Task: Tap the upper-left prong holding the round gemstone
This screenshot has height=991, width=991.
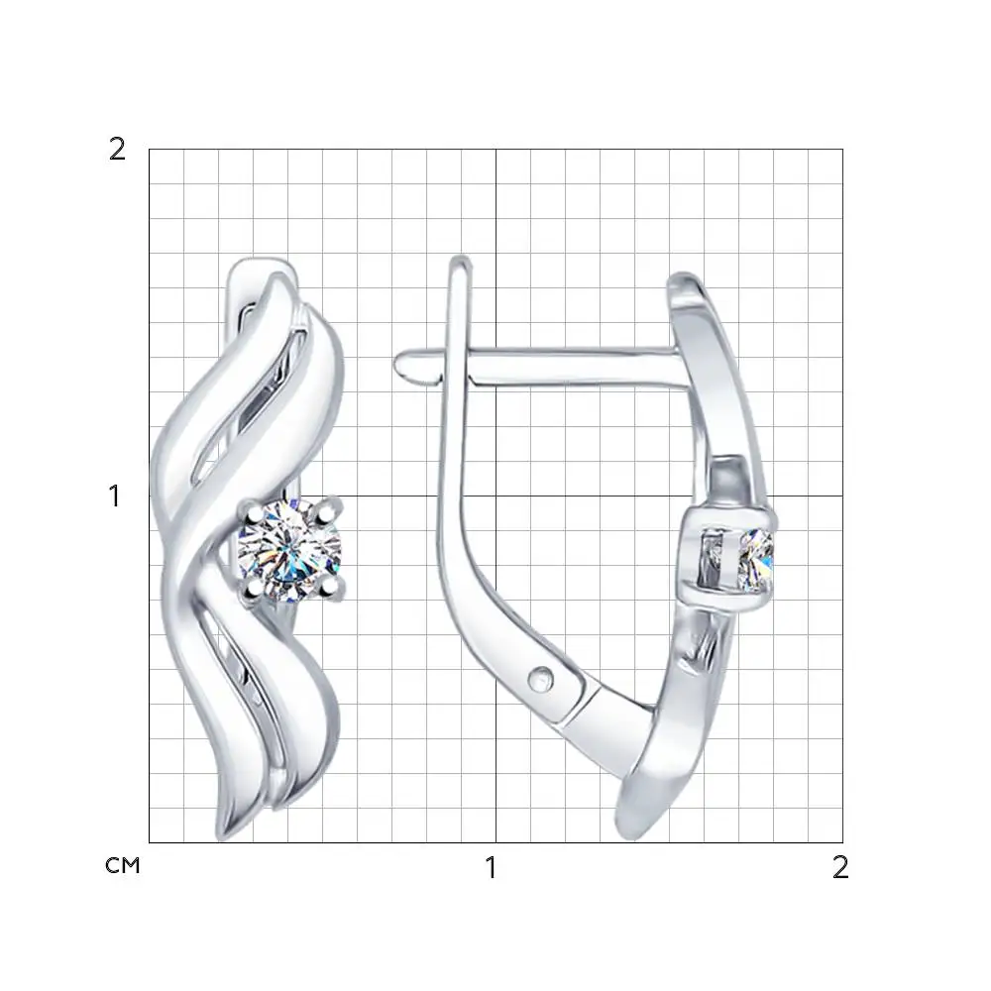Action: point(253,512)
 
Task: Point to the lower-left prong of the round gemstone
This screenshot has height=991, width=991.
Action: point(253,589)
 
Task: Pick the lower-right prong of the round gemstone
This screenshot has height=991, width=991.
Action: point(329,588)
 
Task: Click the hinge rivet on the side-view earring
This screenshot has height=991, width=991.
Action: point(541,679)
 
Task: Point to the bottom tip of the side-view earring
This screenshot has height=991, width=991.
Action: point(636,834)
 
